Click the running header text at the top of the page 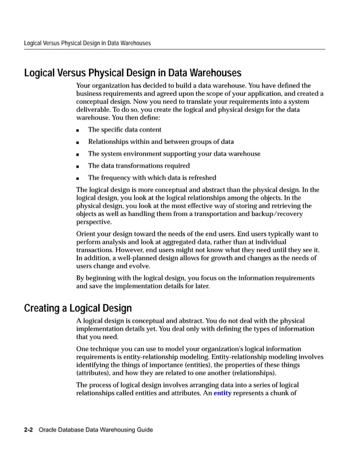[87, 43]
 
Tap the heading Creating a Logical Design [78, 308]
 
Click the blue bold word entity [222, 393]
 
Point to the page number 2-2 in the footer [28, 430]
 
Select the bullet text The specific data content [124, 130]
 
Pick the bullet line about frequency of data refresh [152, 178]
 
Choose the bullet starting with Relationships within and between [161, 142]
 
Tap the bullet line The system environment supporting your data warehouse [174, 154]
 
